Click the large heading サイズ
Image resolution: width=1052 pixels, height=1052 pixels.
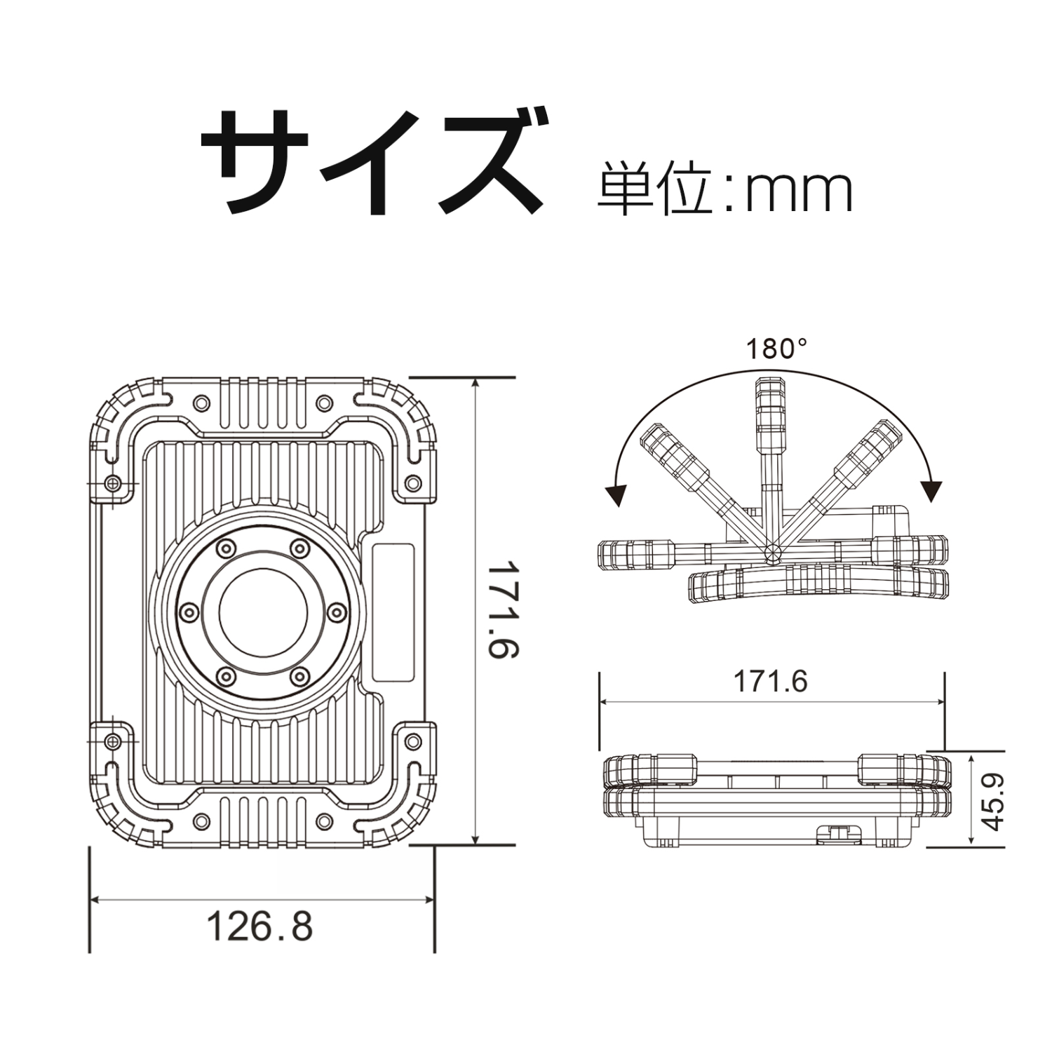(x=372, y=163)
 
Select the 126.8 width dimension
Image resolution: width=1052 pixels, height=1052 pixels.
(x=259, y=926)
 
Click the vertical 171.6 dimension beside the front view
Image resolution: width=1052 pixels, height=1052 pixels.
(x=503, y=608)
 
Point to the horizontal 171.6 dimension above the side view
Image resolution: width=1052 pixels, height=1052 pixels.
(x=770, y=681)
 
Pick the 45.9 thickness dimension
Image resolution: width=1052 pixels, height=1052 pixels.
(x=994, y=801)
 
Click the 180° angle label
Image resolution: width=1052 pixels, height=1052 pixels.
(x=776, y=349)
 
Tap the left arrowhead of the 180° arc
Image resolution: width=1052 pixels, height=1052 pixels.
(x=617, y=494)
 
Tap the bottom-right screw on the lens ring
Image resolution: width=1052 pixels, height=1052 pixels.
(x=299, y=676)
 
